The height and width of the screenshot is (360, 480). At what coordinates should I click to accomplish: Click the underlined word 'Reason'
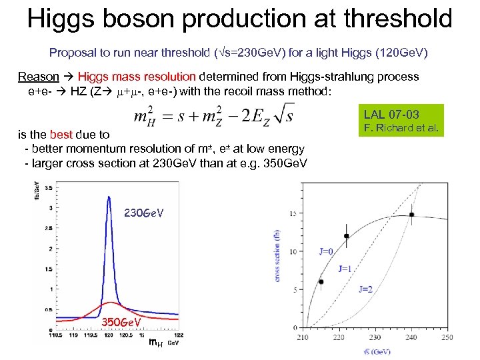(39, 77)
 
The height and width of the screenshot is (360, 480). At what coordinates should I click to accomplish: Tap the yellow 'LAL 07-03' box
(391, 114)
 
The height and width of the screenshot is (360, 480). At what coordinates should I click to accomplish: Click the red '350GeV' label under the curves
(121, 323)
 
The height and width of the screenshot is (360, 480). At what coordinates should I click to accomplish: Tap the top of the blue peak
(107, 196)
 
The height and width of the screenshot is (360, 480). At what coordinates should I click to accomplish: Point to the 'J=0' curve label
(326, 251)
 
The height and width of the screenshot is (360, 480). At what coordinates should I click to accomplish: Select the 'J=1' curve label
(345, 269)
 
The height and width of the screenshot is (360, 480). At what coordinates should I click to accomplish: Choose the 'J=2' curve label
(365, 289)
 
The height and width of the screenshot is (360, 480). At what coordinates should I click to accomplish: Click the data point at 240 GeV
(412, 215)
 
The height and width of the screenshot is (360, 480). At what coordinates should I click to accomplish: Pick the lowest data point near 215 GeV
(321, 282)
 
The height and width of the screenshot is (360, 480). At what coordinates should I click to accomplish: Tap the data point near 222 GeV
(346, 236)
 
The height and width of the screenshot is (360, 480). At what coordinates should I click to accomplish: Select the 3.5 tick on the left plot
(49, 188)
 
